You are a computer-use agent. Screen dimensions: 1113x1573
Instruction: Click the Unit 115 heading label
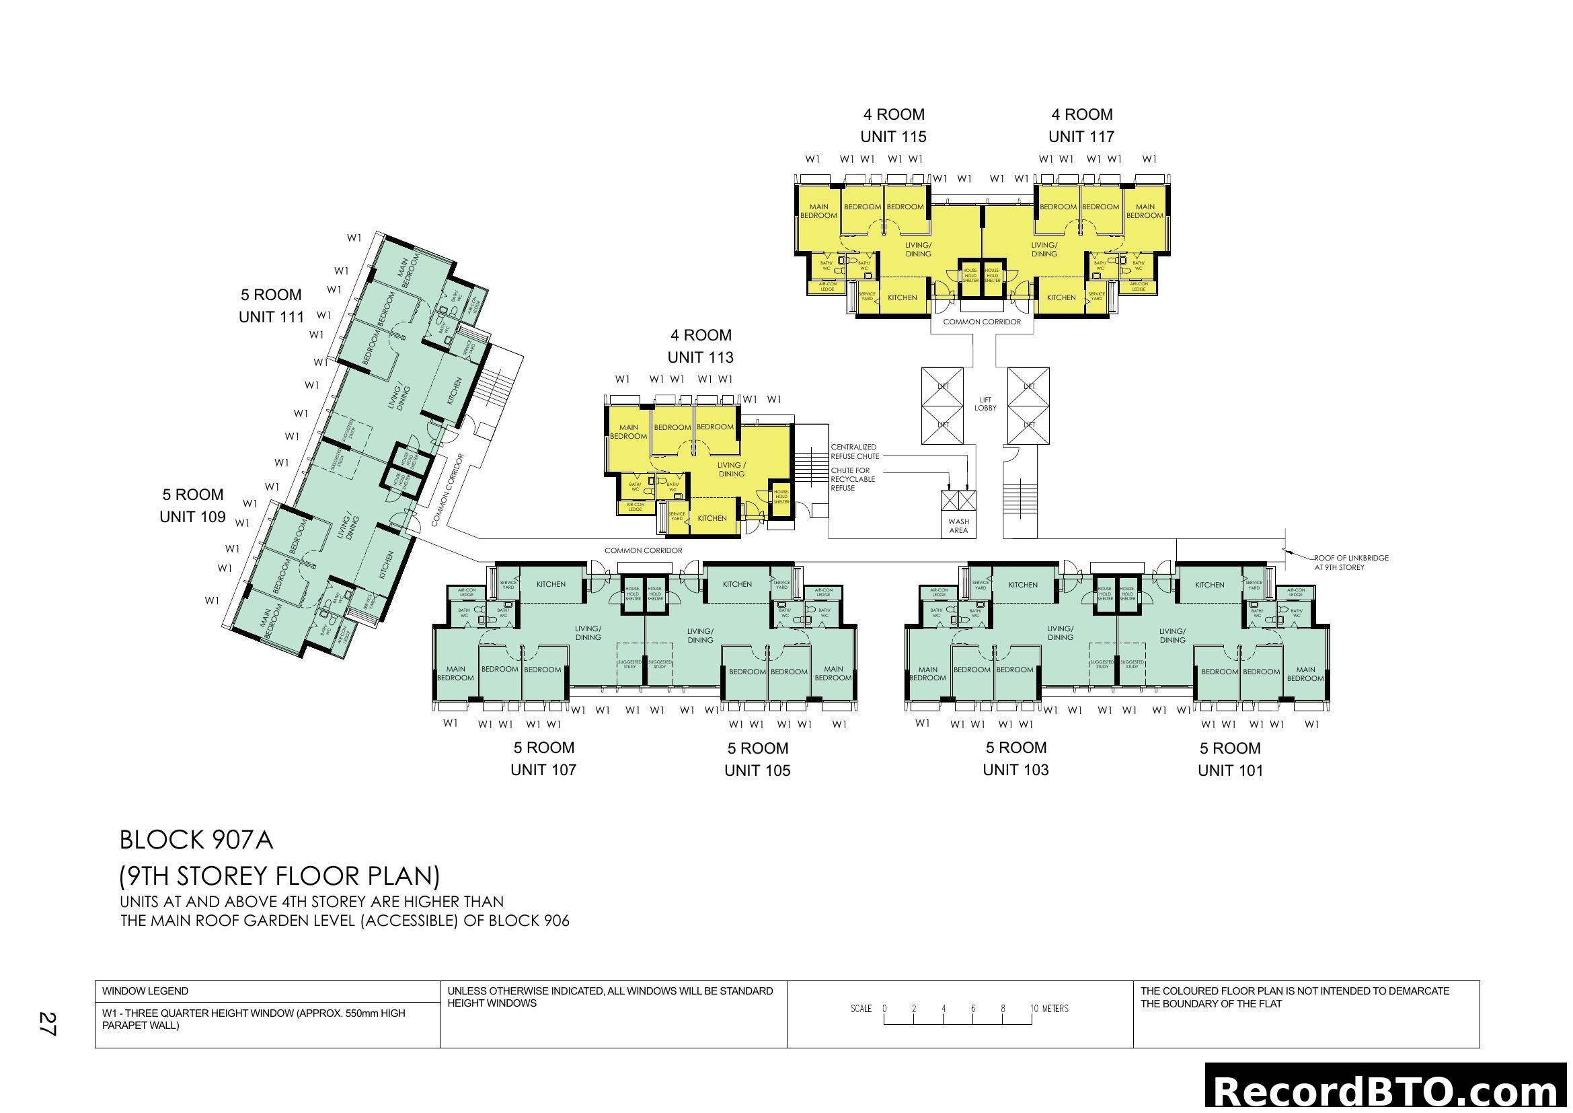coord(893,126)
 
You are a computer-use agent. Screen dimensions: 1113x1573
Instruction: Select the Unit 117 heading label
coord(1082,126)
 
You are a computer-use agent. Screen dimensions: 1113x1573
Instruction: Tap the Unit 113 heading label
coord(700,347)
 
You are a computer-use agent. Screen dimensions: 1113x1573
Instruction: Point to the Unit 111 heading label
coord(271,306)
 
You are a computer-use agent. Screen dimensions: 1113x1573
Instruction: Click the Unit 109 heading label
coord(192,507)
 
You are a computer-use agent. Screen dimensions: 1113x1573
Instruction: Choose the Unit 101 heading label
coord(1231,759)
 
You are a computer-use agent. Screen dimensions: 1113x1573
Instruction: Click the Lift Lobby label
coord(985,404)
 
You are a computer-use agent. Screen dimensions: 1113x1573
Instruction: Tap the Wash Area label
coord(958,526)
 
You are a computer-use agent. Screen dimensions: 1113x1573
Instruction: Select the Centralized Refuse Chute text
coord(854,452)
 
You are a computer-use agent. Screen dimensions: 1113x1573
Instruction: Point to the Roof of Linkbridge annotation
coord(1350,563)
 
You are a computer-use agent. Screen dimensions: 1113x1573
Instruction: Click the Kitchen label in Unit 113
coord(712,519)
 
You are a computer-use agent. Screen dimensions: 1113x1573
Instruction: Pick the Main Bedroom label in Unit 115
coord(818,211)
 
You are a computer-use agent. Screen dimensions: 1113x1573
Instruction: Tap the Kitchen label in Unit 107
coord(551,585)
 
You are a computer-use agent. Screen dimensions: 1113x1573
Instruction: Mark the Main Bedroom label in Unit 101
coord(1305,674)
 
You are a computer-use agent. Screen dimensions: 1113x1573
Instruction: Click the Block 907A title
coord(196,840)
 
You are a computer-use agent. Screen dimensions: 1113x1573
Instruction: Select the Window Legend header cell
coord(145,991)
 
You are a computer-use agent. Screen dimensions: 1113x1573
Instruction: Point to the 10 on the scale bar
coord(1034,1009)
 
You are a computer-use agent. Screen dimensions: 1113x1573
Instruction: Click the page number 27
coord(46,1024)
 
